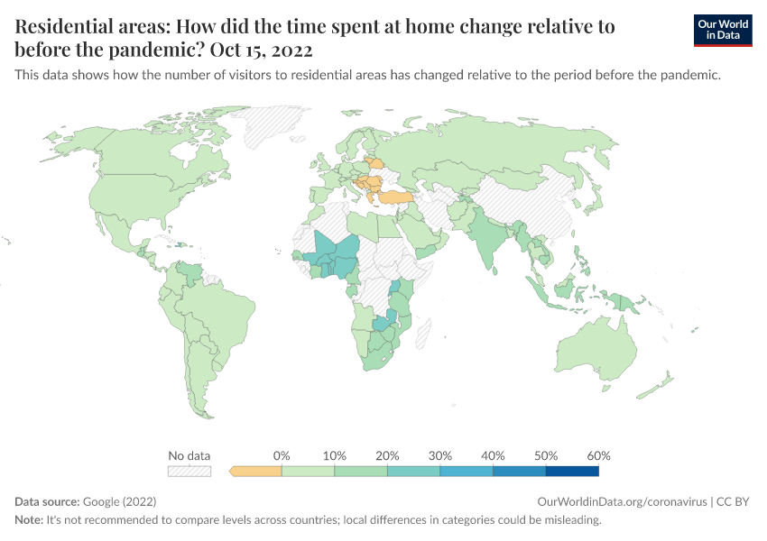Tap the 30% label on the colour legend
point(440,455)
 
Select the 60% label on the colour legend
point(598,455)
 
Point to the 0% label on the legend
point(282,455)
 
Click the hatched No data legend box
point(189,471)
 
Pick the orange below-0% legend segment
point(257,471)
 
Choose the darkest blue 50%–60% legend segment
point(571,471)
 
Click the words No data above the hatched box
point(189,455)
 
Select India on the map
point(487,239)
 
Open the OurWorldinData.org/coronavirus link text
point(620,501)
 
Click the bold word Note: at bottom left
point(32,520)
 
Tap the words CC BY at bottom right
point(732,501)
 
